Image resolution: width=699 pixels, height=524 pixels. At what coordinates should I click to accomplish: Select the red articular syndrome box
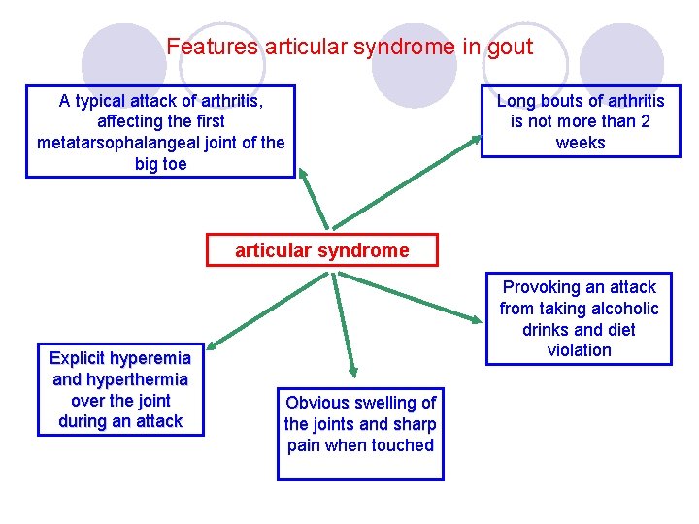click(x=322, y=250)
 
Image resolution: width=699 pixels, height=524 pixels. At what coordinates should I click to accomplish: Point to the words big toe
click(x=161, y=164)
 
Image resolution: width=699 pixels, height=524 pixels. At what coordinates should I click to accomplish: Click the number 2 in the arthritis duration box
click(x=646, y=121)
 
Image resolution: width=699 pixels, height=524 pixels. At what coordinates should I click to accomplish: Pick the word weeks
click(x=581, y=143)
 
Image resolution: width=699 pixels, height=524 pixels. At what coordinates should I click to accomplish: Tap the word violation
click(x=579, y=350)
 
